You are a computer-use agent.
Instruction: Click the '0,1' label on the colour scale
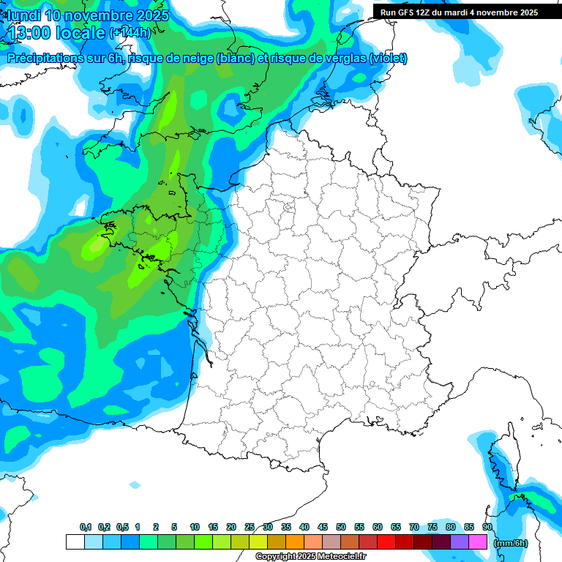pyautogui.click(x=86, y=527)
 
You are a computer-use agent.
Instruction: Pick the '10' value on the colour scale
pyautogui.click(x=195, y=527)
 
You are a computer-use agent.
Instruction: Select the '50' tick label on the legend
pyautogui.click(x=341, y=527)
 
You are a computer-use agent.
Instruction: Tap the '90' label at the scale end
pyautogui.click(x=487, y=527)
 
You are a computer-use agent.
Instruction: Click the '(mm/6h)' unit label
pyautogui.click(x=510, y=543)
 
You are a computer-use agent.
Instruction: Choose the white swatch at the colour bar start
pyautogui.click(x=75, y=542)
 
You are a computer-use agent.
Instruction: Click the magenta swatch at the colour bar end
pyautogui.click(x=478, y=542)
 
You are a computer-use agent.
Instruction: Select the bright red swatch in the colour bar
pyautogui.click(x=386, y=542)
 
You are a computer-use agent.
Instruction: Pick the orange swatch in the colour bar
pyautogui.click(x=295, y=542)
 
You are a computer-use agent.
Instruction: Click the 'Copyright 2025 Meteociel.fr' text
pyautogui.click(x=310, y=557)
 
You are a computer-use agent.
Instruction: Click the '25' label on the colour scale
pyautogui.click(x=250, y=527)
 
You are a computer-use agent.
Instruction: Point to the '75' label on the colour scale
pyautogui.click(x=432, y=527)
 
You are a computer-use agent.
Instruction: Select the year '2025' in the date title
pyautogui.click(x=150, y=15)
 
